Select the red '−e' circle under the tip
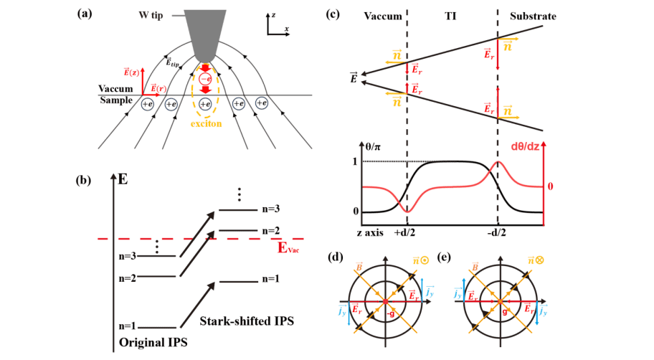[x=204, y=78]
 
